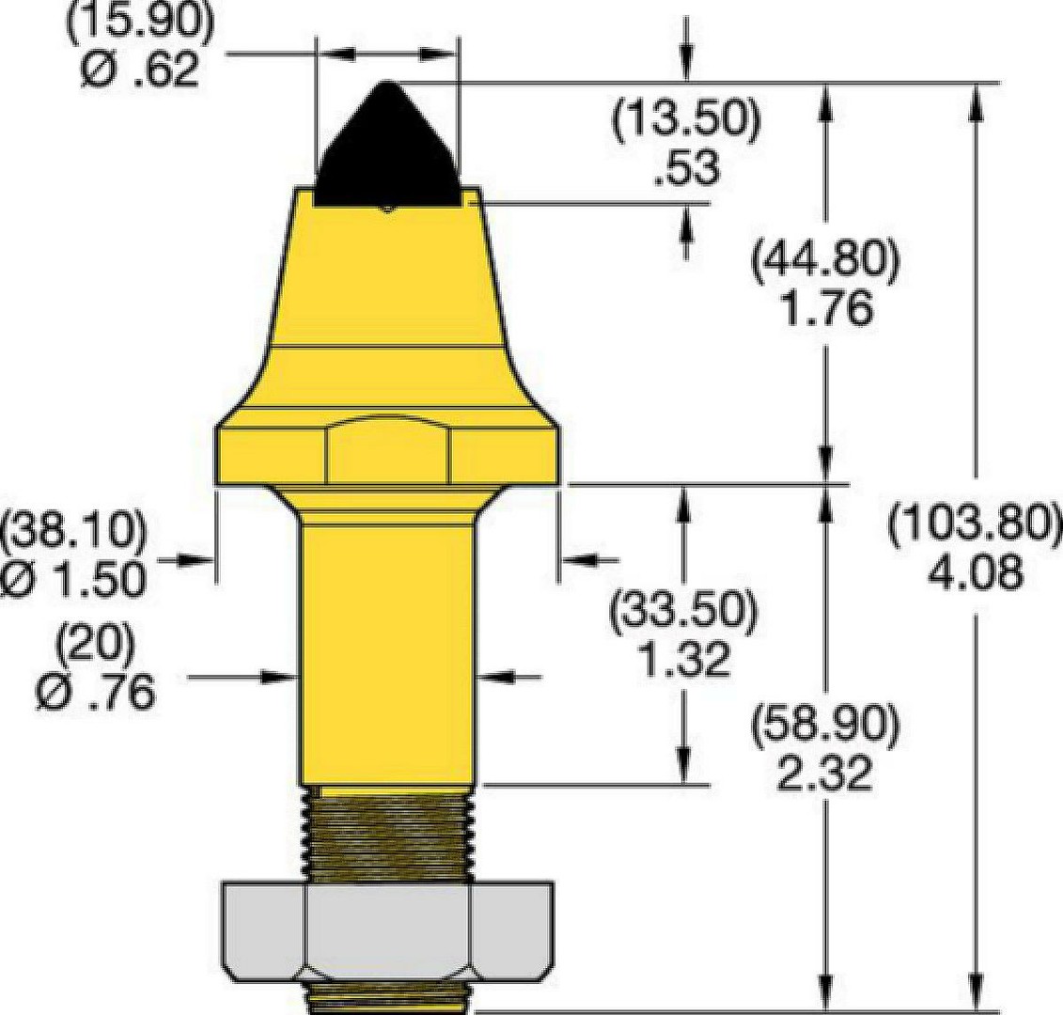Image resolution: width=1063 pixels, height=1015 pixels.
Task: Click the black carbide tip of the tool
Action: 386,149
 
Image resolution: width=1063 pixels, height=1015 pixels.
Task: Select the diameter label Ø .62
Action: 141,69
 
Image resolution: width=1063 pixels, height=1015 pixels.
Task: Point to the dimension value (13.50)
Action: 687,117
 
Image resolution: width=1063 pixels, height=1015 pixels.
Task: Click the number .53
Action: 686,167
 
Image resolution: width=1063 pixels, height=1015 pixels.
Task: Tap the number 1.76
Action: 826,308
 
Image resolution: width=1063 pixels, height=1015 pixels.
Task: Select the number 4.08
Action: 975,573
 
